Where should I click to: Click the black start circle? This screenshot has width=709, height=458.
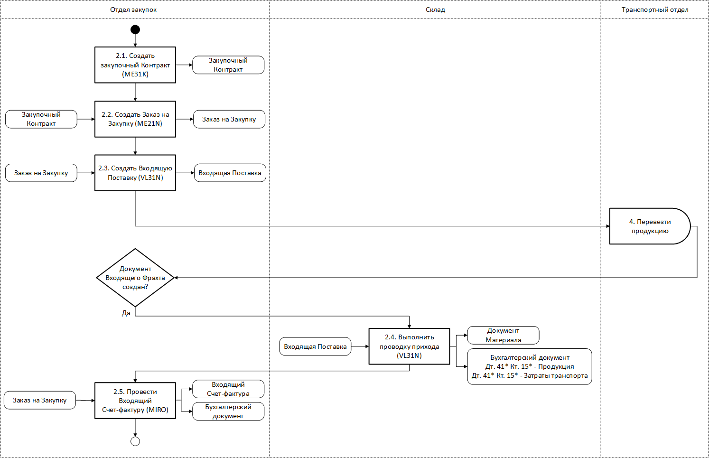135,29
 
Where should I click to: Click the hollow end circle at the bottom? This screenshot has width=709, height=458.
135,441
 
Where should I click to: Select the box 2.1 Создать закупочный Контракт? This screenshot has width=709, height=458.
135,65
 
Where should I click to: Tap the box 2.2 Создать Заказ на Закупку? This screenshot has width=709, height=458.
135,119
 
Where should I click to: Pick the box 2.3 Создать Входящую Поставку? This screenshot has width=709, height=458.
135,173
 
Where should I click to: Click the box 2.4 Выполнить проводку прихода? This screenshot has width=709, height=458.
409,346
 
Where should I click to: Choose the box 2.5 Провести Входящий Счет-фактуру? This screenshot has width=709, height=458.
135,401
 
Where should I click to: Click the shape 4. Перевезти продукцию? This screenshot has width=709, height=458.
650,226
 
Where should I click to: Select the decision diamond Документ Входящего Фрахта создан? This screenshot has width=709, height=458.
135,278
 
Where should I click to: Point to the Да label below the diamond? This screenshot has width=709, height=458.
126,313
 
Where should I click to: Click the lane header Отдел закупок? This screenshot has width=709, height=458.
133,10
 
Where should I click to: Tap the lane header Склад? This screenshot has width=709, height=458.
435,10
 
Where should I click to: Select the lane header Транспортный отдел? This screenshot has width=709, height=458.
655,10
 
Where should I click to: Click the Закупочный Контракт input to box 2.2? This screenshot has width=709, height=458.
41,119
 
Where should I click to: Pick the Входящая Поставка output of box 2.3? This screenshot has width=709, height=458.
230,173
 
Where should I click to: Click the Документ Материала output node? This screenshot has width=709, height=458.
503,335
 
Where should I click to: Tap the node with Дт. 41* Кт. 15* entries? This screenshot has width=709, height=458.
530,366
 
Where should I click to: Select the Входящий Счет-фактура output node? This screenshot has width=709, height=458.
228,389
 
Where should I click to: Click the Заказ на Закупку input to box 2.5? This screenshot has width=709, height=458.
40,400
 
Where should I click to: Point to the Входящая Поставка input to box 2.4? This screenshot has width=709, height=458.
315,346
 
